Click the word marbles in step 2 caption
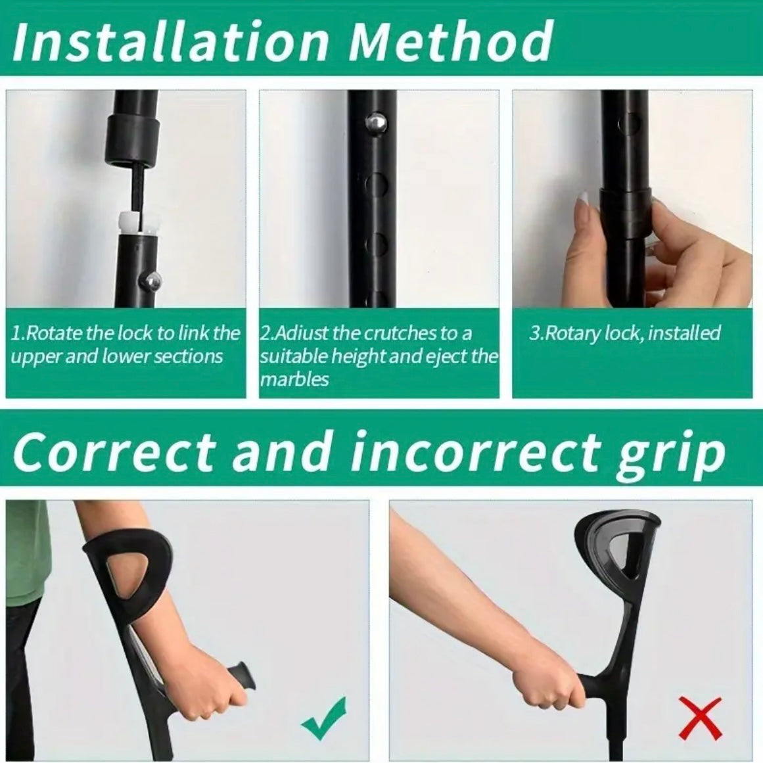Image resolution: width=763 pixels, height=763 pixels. coord(294,379)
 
